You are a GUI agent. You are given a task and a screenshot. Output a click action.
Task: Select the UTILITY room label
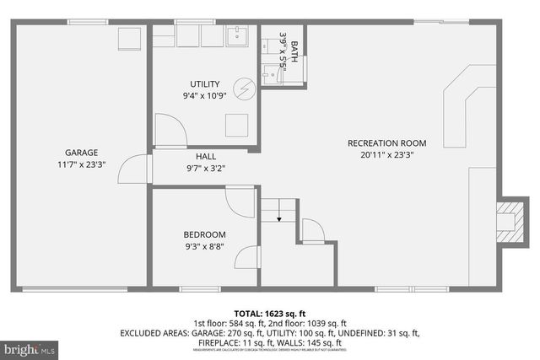205,83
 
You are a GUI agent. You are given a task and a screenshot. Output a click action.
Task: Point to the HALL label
206,156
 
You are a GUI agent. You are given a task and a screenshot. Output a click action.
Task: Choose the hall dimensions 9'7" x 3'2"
206,168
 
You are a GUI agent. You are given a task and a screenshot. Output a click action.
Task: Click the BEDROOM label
205,234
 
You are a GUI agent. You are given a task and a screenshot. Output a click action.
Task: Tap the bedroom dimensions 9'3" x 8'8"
205,247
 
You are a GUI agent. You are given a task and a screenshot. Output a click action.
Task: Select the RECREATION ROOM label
386,143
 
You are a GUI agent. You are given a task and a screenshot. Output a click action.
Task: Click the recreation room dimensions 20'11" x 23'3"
386,155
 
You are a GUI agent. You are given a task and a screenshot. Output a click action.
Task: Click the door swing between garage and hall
133,169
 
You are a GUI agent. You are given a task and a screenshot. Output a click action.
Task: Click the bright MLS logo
30,347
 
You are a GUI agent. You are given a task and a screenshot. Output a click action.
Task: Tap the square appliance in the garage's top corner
129,40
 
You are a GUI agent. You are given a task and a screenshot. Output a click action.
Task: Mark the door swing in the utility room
171,133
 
